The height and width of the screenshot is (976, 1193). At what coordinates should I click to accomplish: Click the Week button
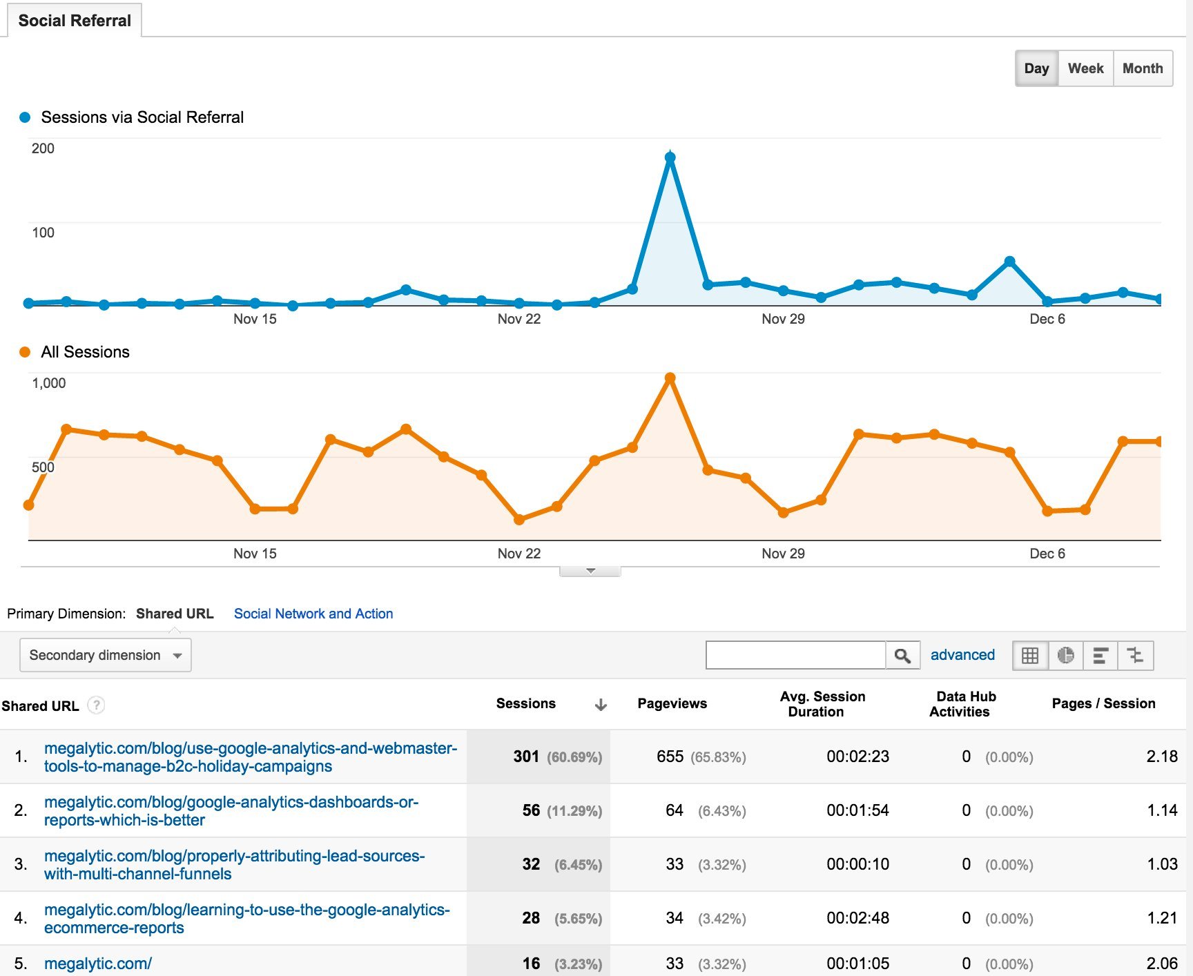1085,68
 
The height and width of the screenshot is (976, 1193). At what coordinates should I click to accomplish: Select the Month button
1143,68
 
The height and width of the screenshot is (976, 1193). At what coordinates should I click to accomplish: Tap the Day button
1036,68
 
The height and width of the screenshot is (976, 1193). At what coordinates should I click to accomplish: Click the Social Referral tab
75,21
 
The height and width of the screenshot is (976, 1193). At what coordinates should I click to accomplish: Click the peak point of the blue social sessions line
670,157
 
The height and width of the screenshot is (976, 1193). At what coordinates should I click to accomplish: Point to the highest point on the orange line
670,378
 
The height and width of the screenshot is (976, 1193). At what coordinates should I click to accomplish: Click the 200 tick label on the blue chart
43,148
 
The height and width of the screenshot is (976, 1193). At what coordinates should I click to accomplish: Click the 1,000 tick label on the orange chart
48,383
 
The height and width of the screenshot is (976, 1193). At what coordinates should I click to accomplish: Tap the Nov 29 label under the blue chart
783,319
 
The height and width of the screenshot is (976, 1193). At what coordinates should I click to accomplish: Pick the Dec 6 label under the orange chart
1047,554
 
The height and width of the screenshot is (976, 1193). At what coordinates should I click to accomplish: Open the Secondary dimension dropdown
106,655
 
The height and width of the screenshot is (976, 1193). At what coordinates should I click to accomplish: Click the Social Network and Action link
313,614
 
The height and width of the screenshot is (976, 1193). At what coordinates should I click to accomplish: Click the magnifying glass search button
902,655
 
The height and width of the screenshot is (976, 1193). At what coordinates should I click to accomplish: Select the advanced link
962,655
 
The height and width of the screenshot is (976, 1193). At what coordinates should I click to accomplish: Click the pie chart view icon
1065,655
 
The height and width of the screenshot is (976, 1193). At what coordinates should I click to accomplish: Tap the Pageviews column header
672,703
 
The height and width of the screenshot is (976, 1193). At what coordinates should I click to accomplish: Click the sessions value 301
526,757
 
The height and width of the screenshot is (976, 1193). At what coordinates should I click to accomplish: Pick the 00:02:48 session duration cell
857,918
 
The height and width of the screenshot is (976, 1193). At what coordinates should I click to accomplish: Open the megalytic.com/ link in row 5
98,964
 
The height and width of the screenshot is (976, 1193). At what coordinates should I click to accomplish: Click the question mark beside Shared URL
97,705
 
